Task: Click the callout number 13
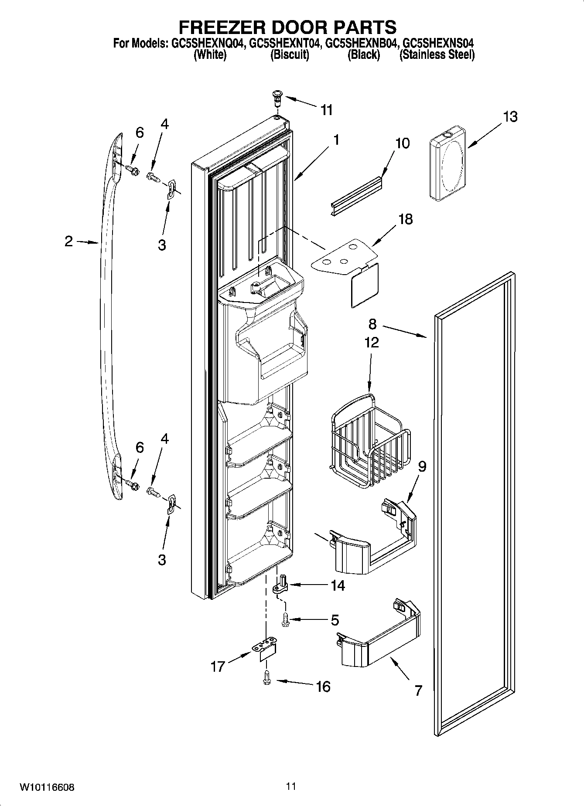(510, 117)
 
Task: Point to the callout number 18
(406, 219)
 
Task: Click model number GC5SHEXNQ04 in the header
(207, 44)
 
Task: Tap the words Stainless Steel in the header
(437, 55)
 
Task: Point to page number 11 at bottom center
(291, 786)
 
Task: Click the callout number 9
(422, 466)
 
